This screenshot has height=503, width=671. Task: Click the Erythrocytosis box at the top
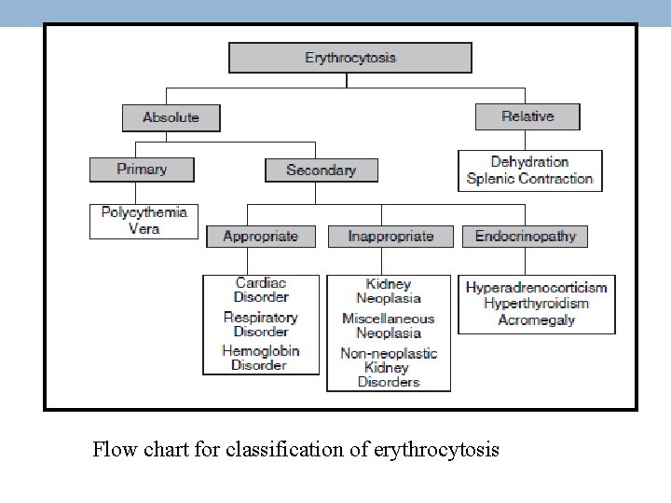[x=350, y=58]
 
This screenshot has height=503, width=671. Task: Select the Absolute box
[x=171, y=117]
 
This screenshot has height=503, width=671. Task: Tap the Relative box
[x=527, y=116]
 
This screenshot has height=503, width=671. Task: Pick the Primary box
[x=142, y=170]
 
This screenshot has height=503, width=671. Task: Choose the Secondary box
[x=322, y=170]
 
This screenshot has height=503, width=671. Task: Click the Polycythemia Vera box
[x=144, y=220]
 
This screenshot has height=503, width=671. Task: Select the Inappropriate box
[x=390, y=236]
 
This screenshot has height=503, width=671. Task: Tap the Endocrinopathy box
[x=526, y=236]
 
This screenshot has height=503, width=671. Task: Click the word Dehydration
[x=529, y=162]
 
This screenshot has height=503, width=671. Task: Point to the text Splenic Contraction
[x=529, y=179]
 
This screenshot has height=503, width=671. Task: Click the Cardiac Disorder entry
[x=261, y=290]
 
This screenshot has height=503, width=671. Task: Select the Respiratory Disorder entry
[x=261, y=324]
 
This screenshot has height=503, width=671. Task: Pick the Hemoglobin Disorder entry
[x=261, y=358]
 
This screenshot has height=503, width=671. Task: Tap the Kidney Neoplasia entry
[x=389, y=292]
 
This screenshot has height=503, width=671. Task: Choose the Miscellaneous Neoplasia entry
[x=389, y=326]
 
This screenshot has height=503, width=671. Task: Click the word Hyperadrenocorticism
[x=536, y=287]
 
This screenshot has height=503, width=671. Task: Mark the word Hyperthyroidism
[x=536, y=304]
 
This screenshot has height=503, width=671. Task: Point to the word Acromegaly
[x=536, y=320]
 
